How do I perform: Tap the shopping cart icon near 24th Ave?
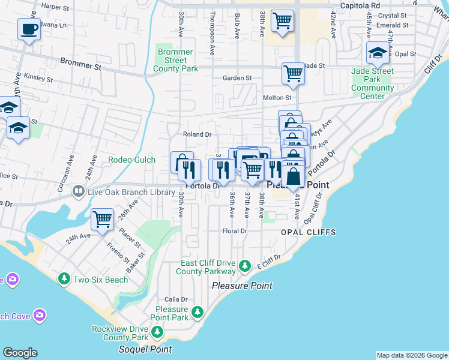103,219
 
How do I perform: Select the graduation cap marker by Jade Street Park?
377,53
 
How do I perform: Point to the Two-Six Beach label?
100,279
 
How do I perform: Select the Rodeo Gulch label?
131,160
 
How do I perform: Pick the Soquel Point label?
145,349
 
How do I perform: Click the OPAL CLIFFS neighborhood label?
307,232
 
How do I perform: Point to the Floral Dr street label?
235,230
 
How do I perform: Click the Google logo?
20,353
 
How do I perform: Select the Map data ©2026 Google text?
411,355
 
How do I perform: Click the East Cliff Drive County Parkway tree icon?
244,265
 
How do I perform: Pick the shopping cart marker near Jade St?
293,74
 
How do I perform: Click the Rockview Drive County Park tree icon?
157,331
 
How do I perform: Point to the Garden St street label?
237,78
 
